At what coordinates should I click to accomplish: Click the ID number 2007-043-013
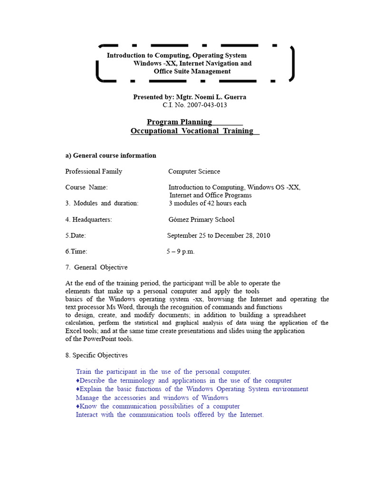pyautogui.click(x=202, y=105)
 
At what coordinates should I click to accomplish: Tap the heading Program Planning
pyautogui.click(x=179, y=122)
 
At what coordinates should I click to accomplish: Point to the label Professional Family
pyautogui.click(x=94, y=171)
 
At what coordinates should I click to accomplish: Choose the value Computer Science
pyautogui.click(x=194, y=171)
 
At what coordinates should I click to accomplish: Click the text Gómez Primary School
pyautogui.click(x=202, y=220)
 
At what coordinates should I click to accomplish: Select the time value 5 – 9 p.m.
pyautogui.click(x=181, y=252)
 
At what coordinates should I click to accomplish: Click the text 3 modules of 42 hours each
pyautogui.click(x=208, y=204)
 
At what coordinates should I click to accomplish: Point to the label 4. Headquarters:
pyautogui.click(x=88, y=220)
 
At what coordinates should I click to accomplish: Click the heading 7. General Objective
pyautogui.click(x=96, y=267)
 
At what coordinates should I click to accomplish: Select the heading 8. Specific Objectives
pyautogui.click(x=96, y=355)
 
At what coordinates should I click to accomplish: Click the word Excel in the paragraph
pyautogui.click(x=74, y=331)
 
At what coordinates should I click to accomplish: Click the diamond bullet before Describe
pyautogui.click(x=77, y=381)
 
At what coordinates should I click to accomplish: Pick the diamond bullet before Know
pyautogui.click(x=77, y=407)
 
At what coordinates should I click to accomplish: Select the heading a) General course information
pyautogui.click(x=111, y=156)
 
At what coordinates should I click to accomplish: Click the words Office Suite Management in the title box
pyautogui.click(x=192, y=71)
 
